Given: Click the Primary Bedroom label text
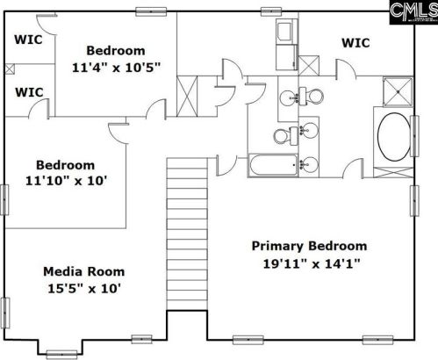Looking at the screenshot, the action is [x=309, y=246].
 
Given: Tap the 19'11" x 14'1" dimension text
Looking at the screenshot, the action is [x=311, y=264].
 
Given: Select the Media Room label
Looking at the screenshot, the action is [x=84, y=271].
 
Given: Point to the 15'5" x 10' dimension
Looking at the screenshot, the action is [x=84, y=289].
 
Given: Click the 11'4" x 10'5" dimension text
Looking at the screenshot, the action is [x=117, y=68].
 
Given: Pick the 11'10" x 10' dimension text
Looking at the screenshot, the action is [x=67, y=181].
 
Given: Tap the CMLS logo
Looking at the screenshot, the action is [x=413, y=12].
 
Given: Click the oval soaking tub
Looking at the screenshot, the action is [x=394, y=136].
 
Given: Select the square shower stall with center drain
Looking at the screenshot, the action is [x=398, y=91].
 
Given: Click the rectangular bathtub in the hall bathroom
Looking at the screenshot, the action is [x=274, y=165].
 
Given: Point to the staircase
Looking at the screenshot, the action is [x=187, y=234].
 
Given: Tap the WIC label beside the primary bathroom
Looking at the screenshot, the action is [x=355, y=43].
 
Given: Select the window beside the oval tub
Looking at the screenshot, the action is [x=414, y=136].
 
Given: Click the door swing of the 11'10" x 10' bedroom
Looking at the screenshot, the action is [x=118, y=133].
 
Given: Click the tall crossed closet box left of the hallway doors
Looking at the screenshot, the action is [x=187, y=97].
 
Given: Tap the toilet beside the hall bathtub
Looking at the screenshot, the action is [x=286, y=135].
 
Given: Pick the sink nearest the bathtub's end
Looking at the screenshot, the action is [x=308, y=164].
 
